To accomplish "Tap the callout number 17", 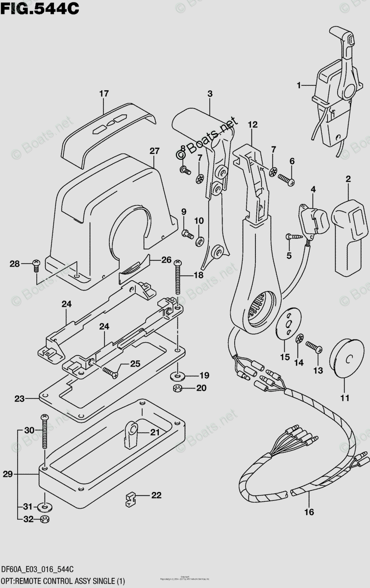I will pyautogui.click(x=103, y=94).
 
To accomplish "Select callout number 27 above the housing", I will pyautogui.click(x=155, y=151).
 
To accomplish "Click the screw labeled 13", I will pyautogui.click(x=314, y=347).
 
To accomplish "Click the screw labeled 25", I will pyautogui.click(x=111, y=371).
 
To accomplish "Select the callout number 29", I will pyautogui.click(x=7, y=474).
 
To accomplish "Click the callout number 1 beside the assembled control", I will pyautogui.click(x=297, y=86).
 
